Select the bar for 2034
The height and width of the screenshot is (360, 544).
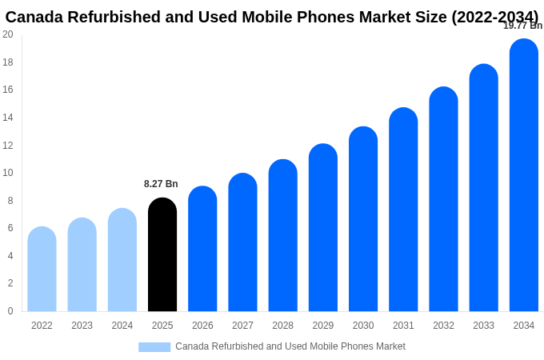tap(523, 176)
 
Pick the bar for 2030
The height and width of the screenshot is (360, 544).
tap(363, 219)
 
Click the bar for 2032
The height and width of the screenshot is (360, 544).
tap(443, 199)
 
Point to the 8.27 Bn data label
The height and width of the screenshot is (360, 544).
tap(161, 184)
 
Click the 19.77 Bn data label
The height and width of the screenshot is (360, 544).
tap(522, 26)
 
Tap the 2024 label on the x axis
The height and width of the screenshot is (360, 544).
tap(122, 326)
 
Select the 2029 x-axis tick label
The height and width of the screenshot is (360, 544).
tap(323, 326)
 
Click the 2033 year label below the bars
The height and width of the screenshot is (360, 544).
tap(483, 326)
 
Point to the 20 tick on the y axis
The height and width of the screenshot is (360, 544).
tap(8, 34)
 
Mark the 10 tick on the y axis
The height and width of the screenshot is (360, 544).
tap(8, 173)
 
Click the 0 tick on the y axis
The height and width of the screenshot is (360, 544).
tap(10, 311)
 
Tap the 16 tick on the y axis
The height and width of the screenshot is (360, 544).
tap(8, 90)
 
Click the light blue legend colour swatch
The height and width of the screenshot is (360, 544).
tap(154, 347)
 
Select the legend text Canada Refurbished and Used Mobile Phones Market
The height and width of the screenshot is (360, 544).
tap(290, 346)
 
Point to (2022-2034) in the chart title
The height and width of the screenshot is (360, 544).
tap(495, 17)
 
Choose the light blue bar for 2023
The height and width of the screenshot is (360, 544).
tap(82, 265)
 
